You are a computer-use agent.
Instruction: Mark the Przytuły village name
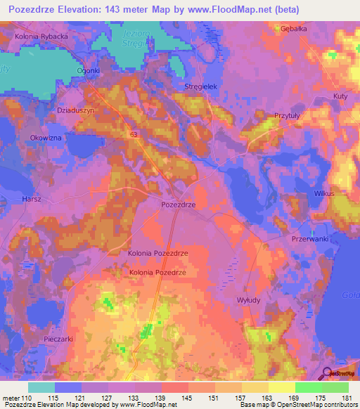pyautogui.click(x=288, y=117)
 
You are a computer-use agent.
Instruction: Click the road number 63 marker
pyautogui.click(x=133, y=133)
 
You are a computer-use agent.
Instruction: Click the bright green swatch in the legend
pyautogui.click(x=308, y=387)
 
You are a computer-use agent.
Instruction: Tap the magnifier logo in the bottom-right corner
pyautogui.click(x=328, y=373)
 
